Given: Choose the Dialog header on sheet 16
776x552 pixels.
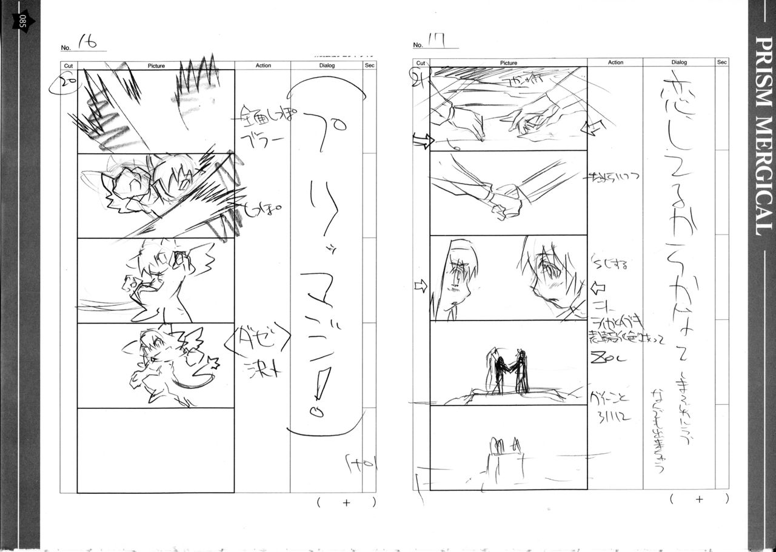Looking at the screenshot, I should [x=326, y=65].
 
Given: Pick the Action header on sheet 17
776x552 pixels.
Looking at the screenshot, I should [x=615, y=62].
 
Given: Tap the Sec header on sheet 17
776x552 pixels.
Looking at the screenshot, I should [x=721, y=62].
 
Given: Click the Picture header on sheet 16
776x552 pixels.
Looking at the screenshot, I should [x=156, y=65].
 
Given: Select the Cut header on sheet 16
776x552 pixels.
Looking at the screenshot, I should [x=68, y=65].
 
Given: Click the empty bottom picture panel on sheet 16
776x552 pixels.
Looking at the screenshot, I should [x=156, y=450].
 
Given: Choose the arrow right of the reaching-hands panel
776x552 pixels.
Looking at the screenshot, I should [x=595, y=127].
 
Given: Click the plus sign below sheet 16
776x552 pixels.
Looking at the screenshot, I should [x=346, y=502].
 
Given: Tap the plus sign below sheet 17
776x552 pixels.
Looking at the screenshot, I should [x=699, y=499].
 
